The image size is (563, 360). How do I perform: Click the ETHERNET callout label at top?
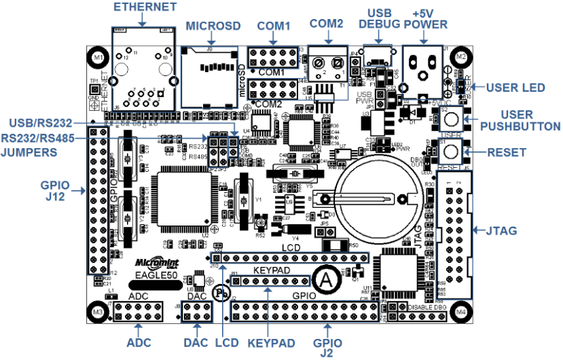145,7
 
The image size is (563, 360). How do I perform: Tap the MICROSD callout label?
213,26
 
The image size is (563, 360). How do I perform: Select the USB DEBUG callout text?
379,18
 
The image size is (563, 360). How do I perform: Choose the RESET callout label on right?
506,152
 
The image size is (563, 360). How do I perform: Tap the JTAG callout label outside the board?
503,231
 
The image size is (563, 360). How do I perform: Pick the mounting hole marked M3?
98,312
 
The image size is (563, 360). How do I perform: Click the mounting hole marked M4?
462,312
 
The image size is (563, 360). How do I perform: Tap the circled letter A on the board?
327,278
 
